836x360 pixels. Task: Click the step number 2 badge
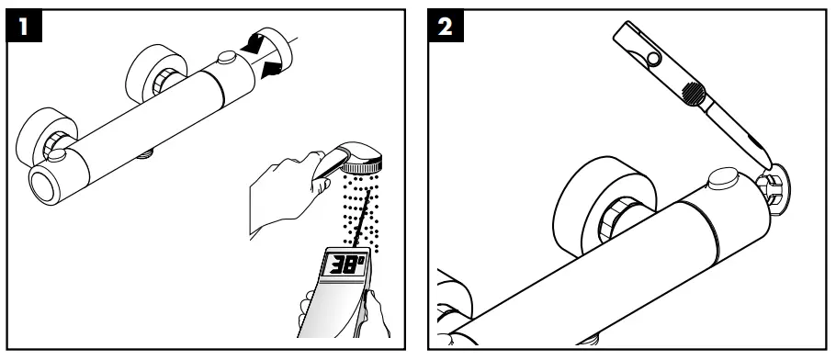point(445,28)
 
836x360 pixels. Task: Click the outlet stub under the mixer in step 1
point(143,157)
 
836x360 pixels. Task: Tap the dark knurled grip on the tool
point(695,92)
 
